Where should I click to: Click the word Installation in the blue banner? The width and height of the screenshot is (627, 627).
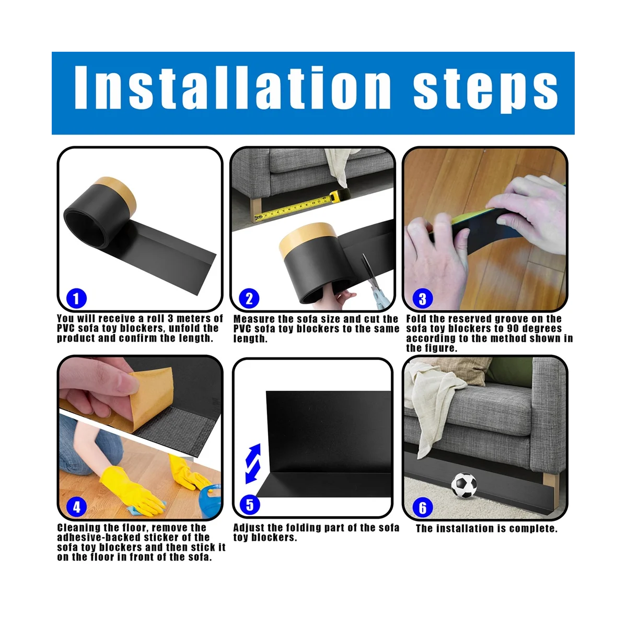pyautogui.click(x=233, y=87)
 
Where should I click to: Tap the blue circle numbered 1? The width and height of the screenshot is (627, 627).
pyautogui.click(x=76, y=298)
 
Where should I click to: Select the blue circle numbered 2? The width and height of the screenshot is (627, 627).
pyautogui.click(x=249, y=298)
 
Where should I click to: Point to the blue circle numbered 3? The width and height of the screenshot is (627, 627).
pyautogui.click(x=422, y=298)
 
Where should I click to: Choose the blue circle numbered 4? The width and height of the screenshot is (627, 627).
pyautogui.click(x=76, y=506)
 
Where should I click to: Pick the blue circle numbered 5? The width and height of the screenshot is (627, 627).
pyautogui.click(x=250, y=505)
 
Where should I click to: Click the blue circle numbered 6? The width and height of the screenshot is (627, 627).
pyautogui.click(x=422, y=507)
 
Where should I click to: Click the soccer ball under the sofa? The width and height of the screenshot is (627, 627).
pyautogui.click(x=464, y=485)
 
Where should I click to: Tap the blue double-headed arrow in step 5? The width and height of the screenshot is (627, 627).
pyautogui.click(x=253, y=463)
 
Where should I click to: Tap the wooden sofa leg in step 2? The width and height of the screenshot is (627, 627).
pyautogui.click(x=255, y=210)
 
